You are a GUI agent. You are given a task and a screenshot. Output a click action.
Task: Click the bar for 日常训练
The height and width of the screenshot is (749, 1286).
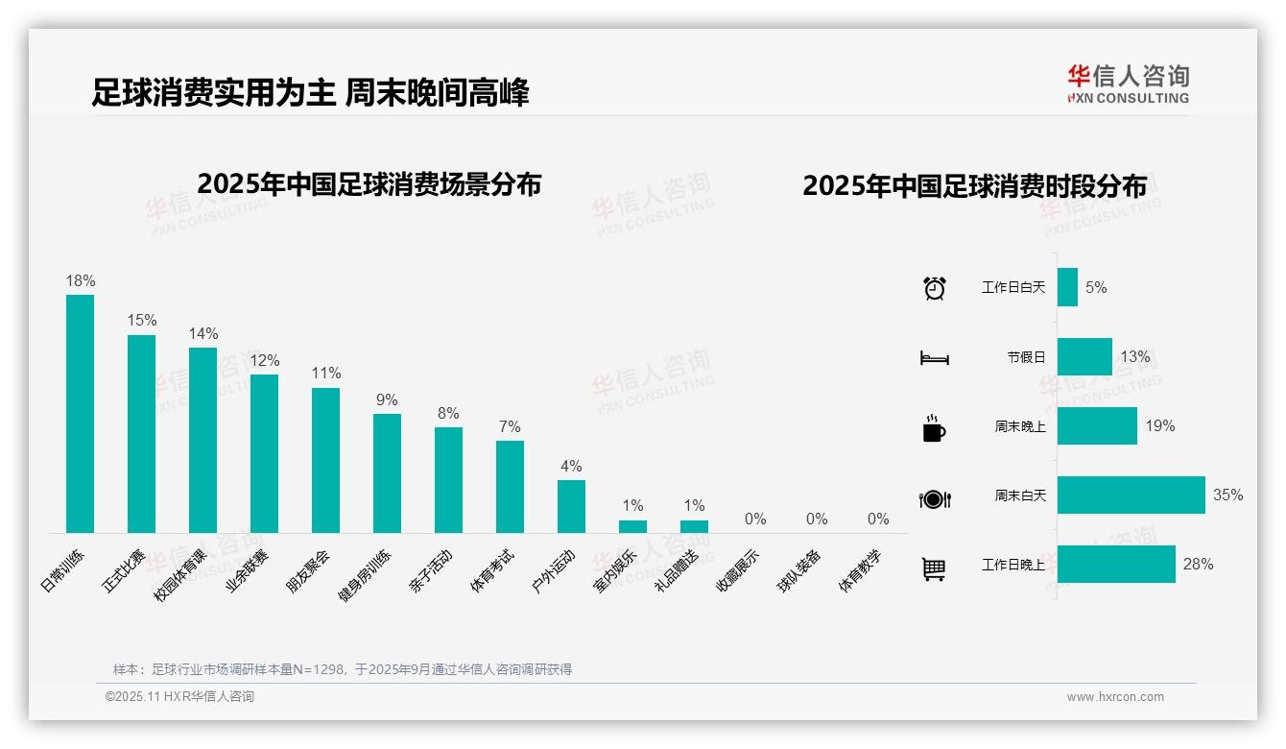80,413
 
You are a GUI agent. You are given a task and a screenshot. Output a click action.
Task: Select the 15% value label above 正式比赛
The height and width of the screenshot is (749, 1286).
142,320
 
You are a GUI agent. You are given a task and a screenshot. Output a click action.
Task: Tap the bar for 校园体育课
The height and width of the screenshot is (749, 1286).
202,440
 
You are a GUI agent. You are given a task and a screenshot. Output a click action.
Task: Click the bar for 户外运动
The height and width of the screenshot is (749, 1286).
571,506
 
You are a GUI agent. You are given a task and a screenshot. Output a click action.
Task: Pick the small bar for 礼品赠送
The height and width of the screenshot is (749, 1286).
694,526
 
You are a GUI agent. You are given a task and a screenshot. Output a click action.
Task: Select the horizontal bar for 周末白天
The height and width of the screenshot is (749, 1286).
1131,495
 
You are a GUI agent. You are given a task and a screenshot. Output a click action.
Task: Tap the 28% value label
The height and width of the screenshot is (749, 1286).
1198,565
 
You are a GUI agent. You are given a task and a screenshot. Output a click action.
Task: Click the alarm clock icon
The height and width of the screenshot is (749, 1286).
935,287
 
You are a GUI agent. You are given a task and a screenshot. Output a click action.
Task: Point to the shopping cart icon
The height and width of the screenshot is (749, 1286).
934,569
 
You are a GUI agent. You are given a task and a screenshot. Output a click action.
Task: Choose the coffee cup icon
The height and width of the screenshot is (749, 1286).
934,428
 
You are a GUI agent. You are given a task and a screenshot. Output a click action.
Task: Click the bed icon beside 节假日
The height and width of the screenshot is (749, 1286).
934,358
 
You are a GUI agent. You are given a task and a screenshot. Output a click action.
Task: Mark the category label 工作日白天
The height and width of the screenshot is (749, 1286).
1012,287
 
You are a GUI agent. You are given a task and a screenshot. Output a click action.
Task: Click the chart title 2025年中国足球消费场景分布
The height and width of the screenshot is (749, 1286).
369,183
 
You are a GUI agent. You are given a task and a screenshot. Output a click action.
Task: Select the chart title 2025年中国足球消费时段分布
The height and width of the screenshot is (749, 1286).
974,186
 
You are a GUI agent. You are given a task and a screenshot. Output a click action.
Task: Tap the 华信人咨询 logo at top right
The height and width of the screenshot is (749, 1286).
1128,85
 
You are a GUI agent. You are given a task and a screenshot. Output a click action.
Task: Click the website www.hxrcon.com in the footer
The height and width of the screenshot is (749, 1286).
1115,697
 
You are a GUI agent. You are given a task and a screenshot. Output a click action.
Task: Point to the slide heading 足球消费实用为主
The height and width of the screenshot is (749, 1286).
213,93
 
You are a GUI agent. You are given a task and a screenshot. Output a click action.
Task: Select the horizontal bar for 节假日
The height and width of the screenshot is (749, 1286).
1084,356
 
